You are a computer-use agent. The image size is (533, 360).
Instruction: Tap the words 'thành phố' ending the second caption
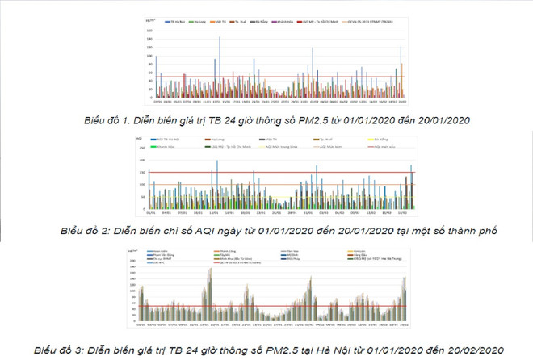(x=465, y=230)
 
